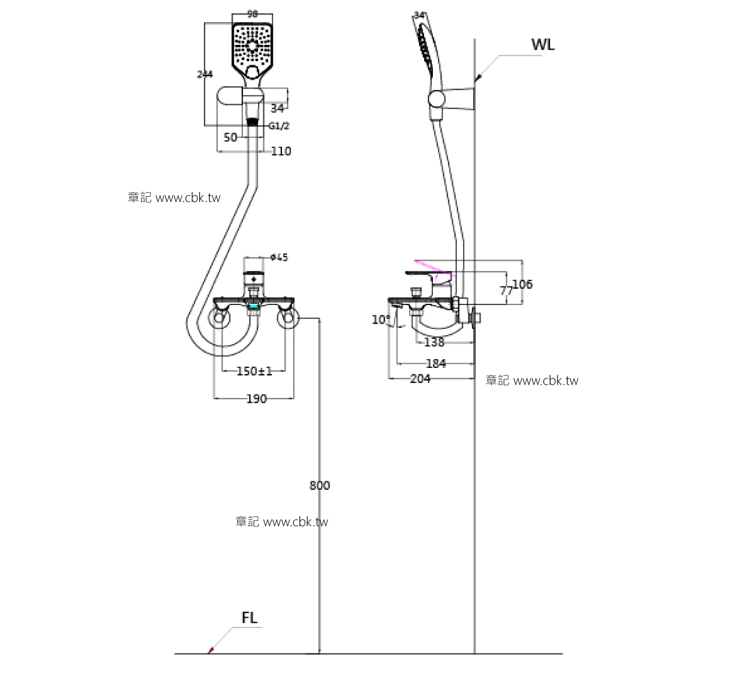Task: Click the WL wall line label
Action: (542, 45)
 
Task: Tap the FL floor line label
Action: (249, 618)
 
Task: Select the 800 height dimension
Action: (319, 485)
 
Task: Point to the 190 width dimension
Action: (256, 399)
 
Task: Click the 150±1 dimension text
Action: (254, 371)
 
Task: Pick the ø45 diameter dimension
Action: (279, 257)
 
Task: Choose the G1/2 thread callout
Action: (278, 126)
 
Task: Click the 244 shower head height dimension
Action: (205, 74)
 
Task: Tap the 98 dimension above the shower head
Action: (252, 15)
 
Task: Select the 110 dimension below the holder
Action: (281, 151)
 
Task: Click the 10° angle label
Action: (380, 320)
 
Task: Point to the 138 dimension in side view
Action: (434, 342)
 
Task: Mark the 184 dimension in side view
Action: (436, 364)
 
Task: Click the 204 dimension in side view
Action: (420, 379)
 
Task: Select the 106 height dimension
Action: (522, 284)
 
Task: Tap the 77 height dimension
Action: (506, 290)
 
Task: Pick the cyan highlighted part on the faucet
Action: (253, 306)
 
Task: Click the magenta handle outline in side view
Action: (433, 267)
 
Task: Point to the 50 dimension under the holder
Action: (231, 137)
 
